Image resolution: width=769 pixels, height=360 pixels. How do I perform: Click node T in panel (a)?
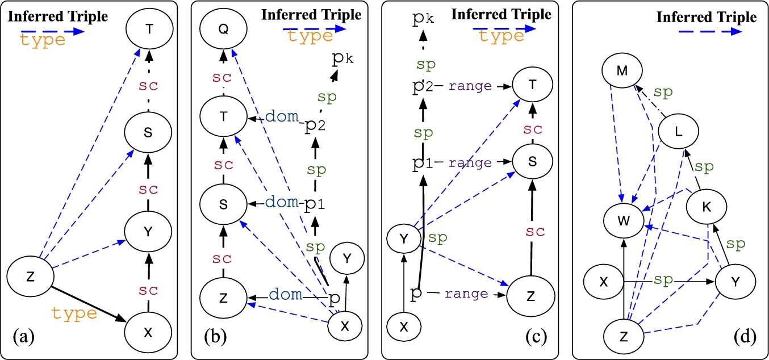[x=149, y=29]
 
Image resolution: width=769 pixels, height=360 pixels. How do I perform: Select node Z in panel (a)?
[x=31, y=277]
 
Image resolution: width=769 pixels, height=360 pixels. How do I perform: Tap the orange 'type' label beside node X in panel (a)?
[x=74, y=313]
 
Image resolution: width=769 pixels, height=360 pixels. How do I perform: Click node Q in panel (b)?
[x=224, y=29]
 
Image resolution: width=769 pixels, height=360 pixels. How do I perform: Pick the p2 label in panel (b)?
[x=315, y=125]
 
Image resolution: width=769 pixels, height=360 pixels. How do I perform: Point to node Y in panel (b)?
[x=347, y=258]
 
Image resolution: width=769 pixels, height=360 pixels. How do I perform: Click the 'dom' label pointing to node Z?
[x=285, y=295]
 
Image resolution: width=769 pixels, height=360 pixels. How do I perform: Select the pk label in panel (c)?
[x=423, y=17]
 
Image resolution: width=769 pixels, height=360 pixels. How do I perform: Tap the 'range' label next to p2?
[x=470, y=86]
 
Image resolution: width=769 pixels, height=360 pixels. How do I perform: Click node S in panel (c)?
[x=533, y=161]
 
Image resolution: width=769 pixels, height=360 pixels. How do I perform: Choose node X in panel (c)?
[x=404, y=326]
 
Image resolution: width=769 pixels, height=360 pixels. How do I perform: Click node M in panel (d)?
[x=622, y=70]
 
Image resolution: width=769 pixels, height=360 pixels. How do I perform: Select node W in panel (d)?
[x=624, y=220]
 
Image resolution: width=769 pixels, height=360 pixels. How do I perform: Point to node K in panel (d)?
[x=707, y=207]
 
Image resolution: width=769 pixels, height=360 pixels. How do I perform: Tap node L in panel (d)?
[x=678, y=131]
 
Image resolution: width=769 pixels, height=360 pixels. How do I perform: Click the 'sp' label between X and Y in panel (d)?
[x=663, y=280]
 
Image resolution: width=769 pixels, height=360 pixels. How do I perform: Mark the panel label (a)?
[x=24, y=337]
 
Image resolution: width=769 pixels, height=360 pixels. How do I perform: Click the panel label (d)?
[x=745, y=337]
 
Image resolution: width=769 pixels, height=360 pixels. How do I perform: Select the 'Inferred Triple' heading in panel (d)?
[x=707, y=17]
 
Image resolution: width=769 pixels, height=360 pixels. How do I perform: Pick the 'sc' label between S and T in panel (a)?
[x=148, y=85]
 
